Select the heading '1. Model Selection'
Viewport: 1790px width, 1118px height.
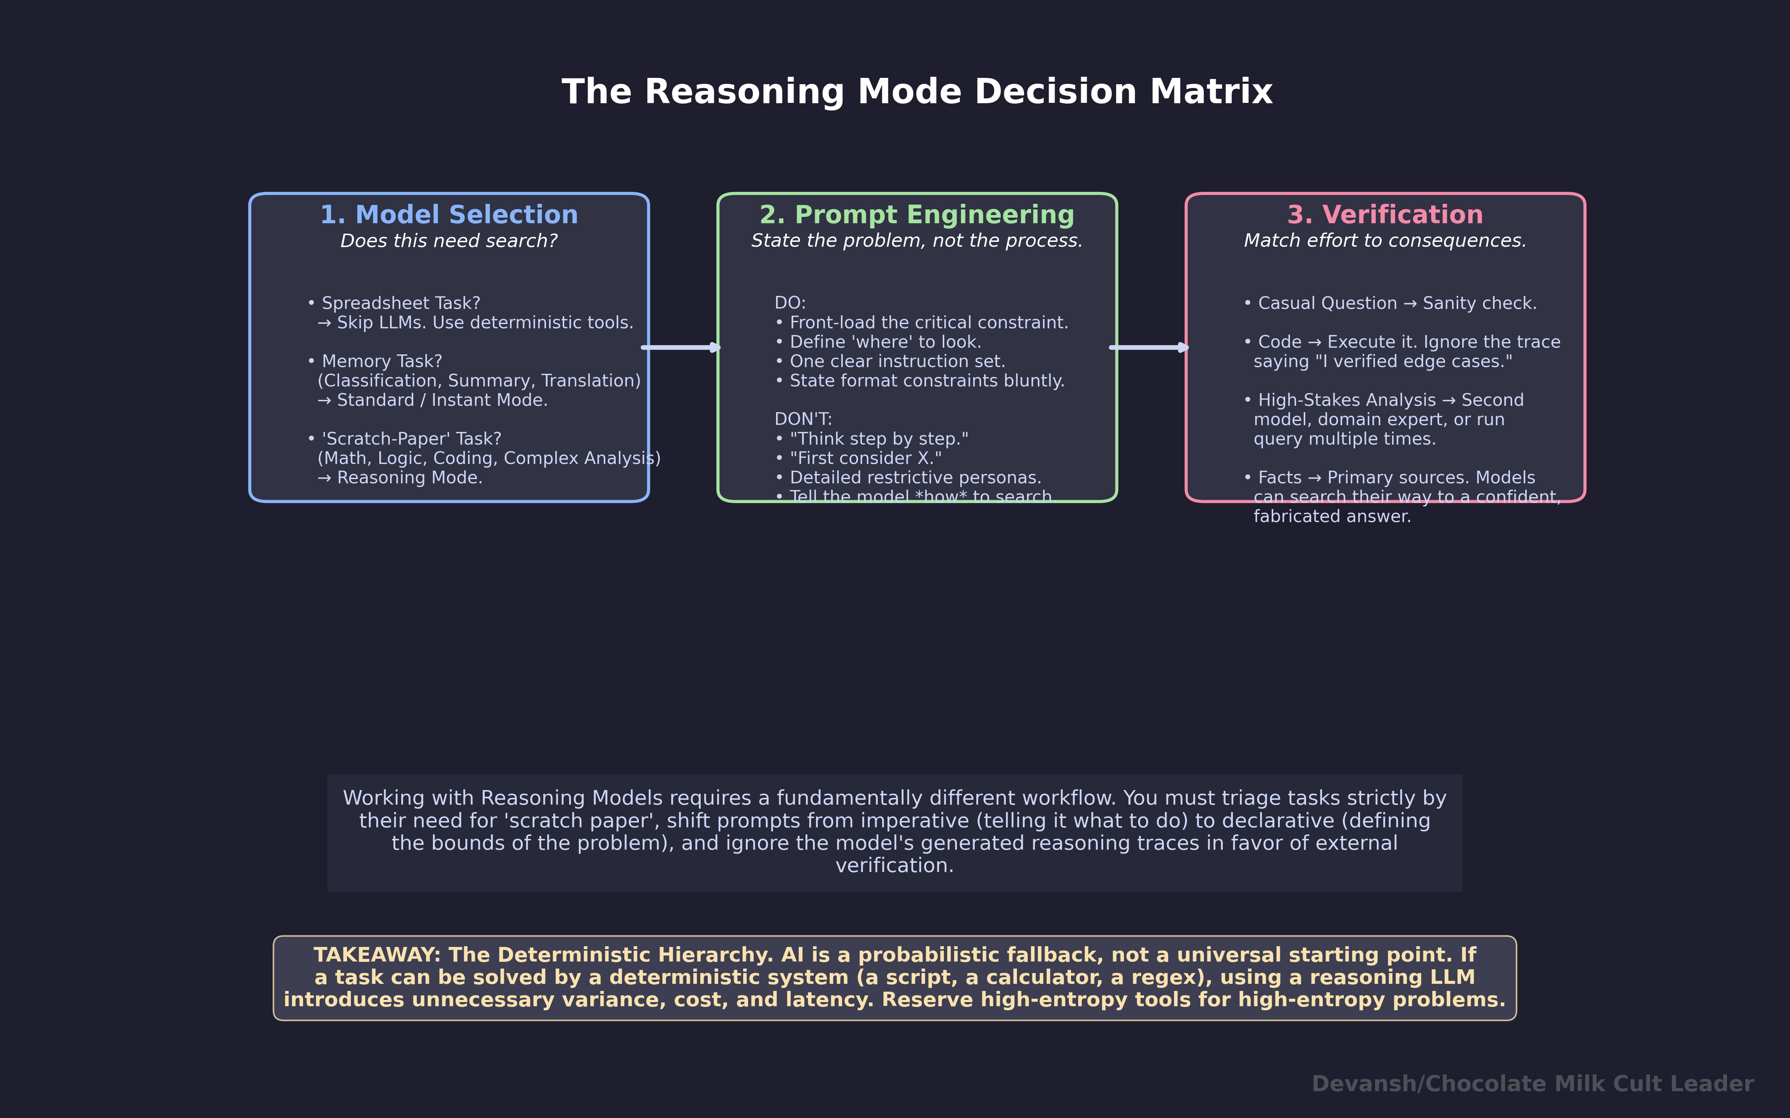449,215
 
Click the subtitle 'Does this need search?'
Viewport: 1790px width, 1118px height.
449,241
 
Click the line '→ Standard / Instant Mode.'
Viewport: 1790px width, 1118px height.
433,400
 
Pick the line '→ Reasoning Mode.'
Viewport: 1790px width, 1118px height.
400,478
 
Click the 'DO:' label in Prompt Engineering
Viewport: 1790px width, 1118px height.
790,303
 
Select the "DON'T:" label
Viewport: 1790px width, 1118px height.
803,419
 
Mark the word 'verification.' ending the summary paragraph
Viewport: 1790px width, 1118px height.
894,866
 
